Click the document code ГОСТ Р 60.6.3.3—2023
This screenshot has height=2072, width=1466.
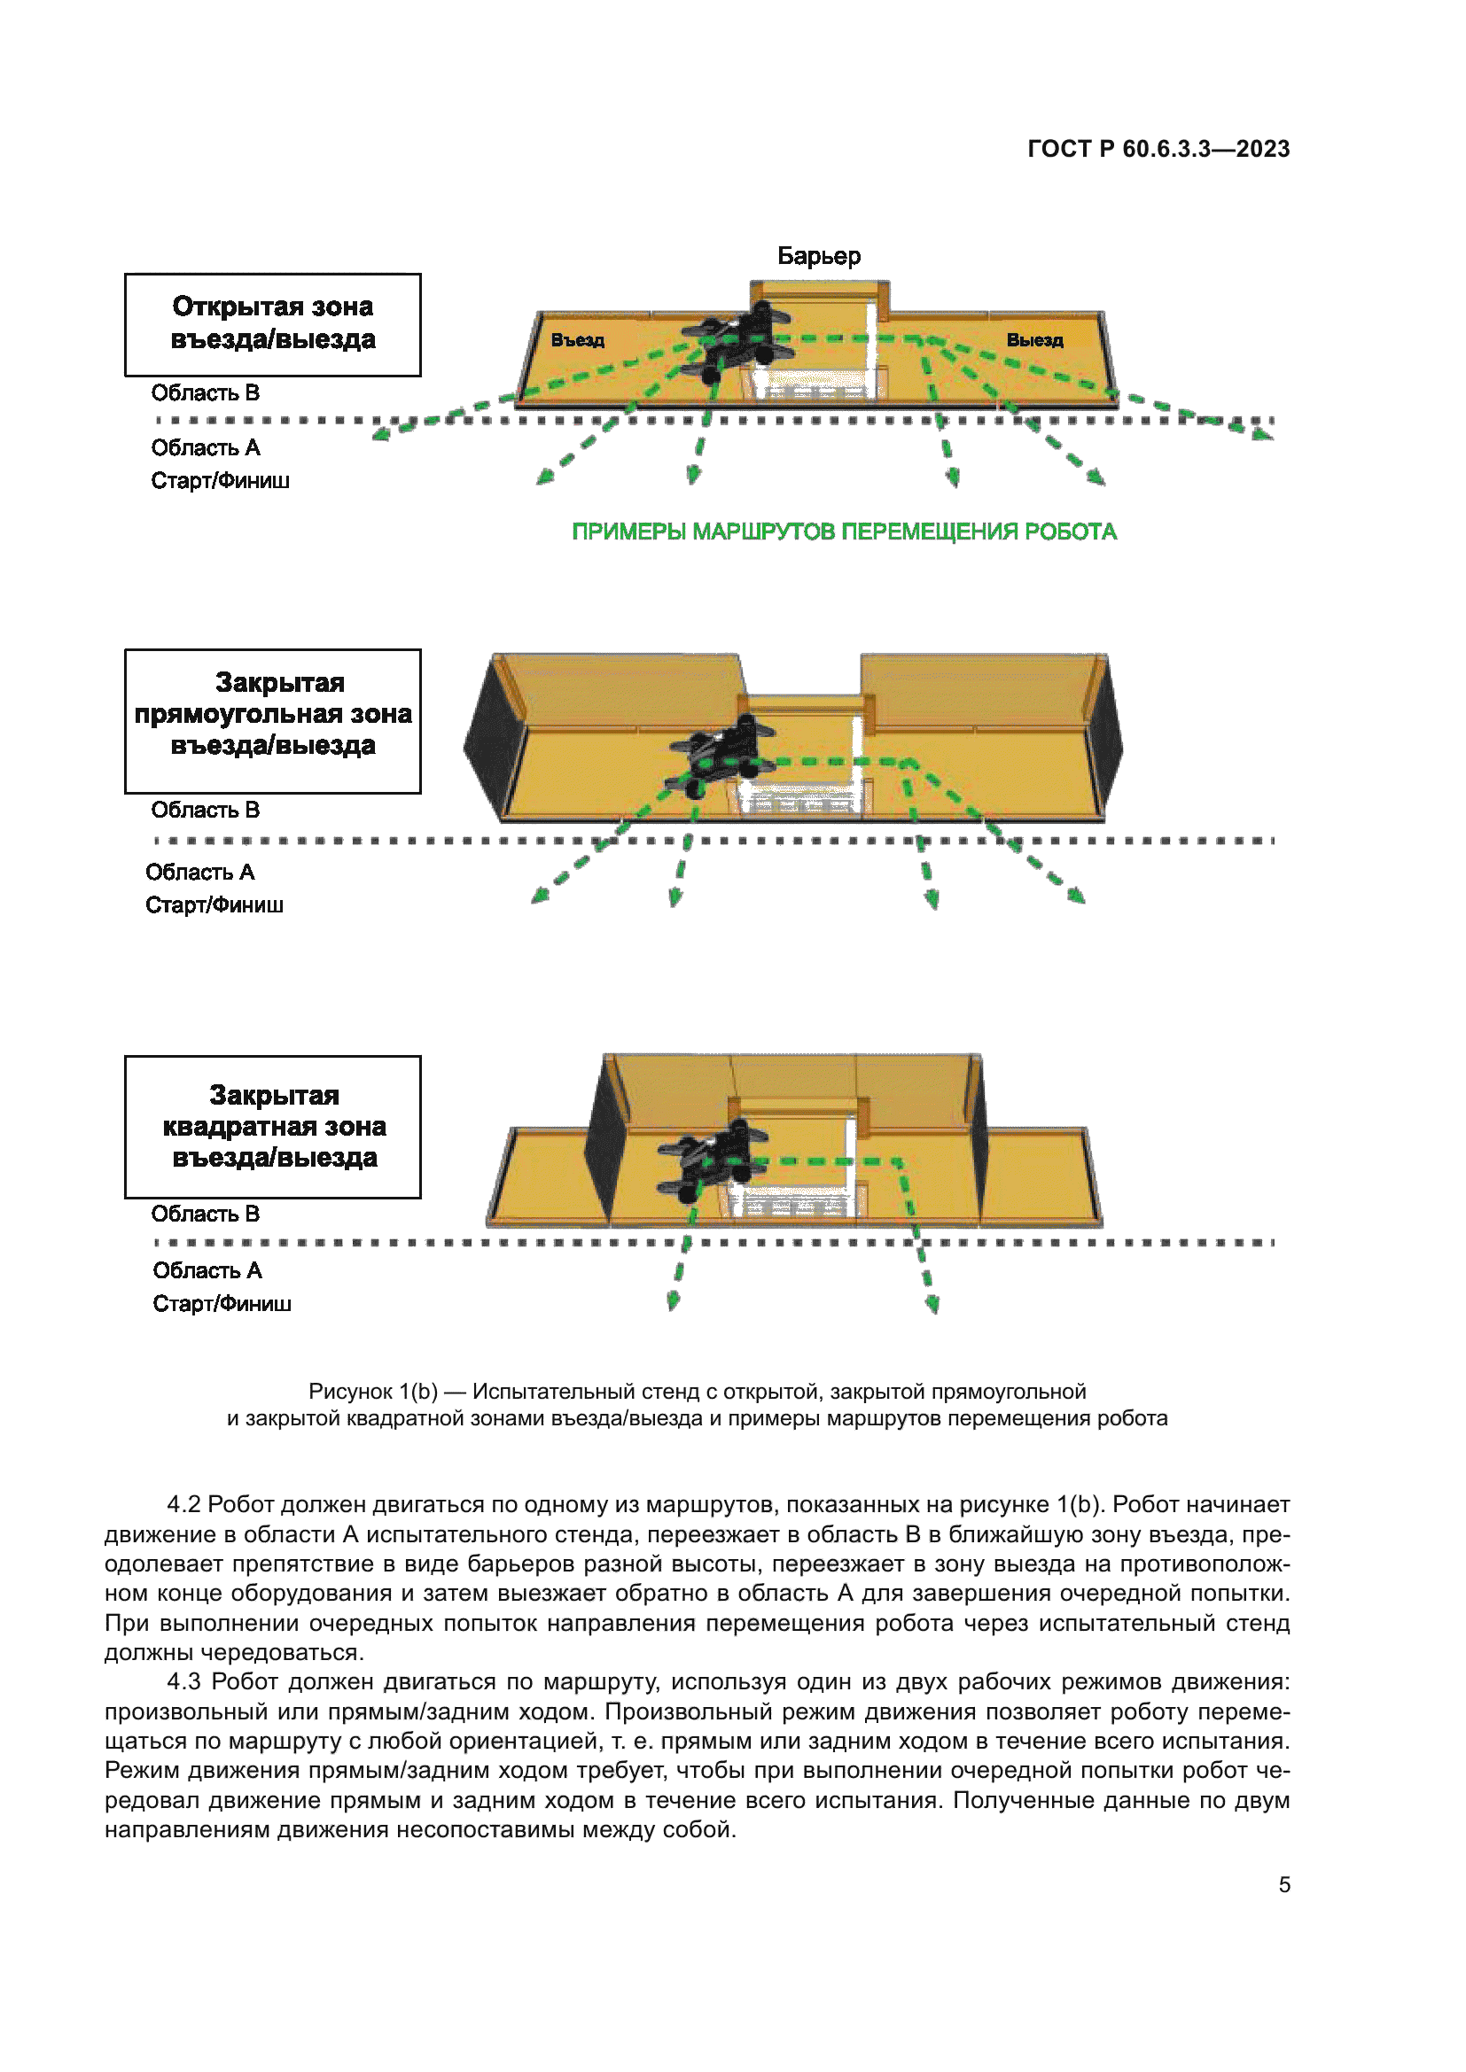click(1158, 149)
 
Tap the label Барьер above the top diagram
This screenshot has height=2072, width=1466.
click(819, 256)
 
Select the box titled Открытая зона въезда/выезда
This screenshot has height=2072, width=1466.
click(273, 324)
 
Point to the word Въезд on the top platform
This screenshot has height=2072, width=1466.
click(578, 340)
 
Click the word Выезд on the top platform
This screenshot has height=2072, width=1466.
click(1034, 340)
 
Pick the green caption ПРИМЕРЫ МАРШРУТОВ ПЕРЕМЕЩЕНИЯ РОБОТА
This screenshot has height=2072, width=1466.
click(844, 532)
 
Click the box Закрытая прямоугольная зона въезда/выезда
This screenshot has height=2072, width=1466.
click(273, 720)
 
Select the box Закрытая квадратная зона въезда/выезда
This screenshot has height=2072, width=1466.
click(273, 1126)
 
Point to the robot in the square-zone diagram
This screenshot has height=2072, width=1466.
click(714, 1160)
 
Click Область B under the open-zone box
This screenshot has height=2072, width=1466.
click(206, 393)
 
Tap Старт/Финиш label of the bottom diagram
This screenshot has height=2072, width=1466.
click(222, 1303)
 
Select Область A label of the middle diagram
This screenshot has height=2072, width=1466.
click(200, 872)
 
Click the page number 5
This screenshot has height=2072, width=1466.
click(1283, 1884)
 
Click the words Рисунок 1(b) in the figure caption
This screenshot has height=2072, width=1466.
click(373, 1392)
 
